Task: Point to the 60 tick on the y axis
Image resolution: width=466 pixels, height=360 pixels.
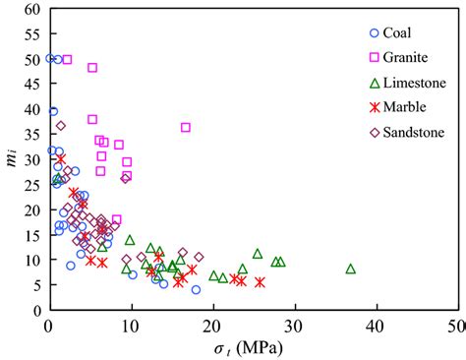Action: (33, 9)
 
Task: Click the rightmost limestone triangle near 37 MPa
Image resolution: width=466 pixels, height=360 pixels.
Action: (350, 269)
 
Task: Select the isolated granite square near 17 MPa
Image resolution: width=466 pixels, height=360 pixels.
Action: (186, 128)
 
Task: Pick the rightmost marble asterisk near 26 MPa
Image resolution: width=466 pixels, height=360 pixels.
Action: (261, 282)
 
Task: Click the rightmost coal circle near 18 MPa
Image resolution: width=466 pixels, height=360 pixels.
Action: (196, 289)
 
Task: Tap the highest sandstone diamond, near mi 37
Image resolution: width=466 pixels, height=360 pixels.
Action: (61, 125)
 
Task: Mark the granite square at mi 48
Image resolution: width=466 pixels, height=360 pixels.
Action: (92, 68)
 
